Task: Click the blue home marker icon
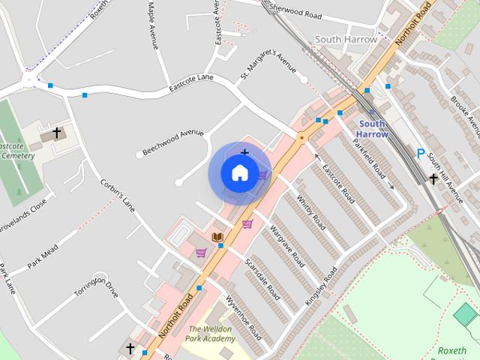click(x=239, y=173)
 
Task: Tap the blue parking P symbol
click(x=421, y=154)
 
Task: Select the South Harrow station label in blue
click(x=373, y=129)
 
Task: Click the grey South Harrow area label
click(x=344, y=40)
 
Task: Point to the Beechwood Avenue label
click(x=172, y=141)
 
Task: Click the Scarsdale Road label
click(x=262, y=279)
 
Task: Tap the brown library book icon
click(x=217, y=238)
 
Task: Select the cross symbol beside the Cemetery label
click(x=56, y=133)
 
